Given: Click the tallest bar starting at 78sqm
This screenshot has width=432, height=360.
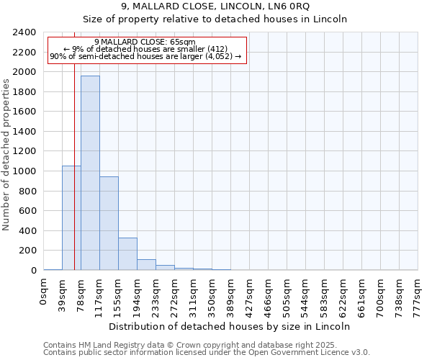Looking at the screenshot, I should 90,173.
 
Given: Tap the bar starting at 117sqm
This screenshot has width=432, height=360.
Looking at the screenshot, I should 109,223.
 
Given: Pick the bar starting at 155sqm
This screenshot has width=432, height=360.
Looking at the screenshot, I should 127,254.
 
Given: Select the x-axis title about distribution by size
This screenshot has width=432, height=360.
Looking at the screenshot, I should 230,326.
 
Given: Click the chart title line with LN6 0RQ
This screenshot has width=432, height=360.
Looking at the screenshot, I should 215,6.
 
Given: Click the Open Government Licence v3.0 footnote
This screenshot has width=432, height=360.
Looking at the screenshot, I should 207,353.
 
